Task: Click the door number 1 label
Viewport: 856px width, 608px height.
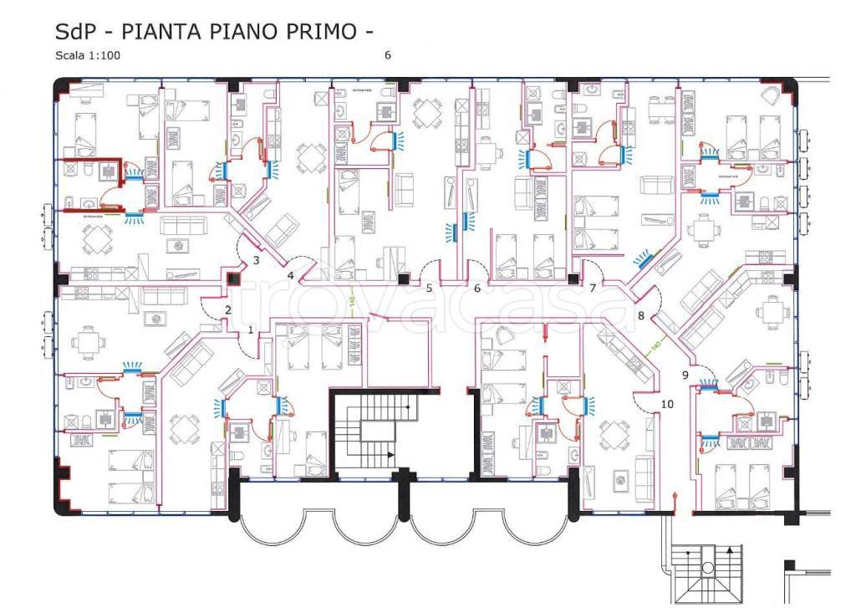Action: pos(250,330)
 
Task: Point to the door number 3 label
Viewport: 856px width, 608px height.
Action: pos(256,260)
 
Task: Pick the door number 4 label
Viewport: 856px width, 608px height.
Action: pos(291,275)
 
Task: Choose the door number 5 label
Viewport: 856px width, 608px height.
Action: pos(429,289)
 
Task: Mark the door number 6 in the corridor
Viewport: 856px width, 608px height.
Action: pos(476,289)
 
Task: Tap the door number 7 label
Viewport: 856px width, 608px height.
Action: pos(592,289)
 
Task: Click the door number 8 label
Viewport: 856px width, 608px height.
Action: pos(641,316)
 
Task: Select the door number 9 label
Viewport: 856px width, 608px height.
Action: pos(685,376)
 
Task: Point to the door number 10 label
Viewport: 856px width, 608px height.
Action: pos(666,405)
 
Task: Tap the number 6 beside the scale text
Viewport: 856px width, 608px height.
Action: pos(387,56)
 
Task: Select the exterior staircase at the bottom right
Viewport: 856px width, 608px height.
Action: pos(707,572)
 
